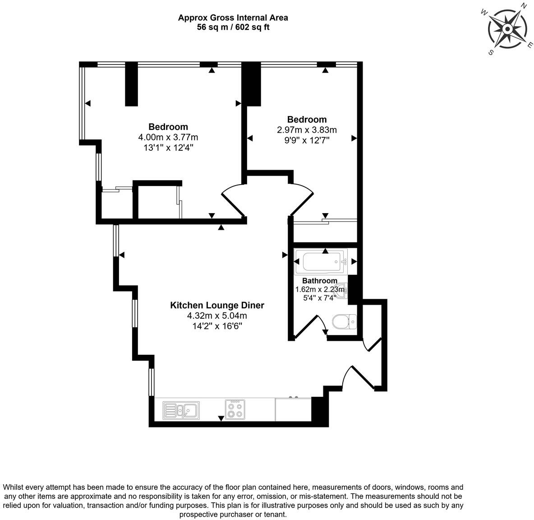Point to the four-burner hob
point(235,410)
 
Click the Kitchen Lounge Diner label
point(217,305)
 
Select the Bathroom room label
point(319,281)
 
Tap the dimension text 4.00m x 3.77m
point(168,137)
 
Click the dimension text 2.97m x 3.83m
point(307,130)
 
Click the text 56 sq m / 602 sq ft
point(233,27)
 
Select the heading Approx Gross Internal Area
point(233,18)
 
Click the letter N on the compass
point(524,6)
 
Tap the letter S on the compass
point(491,52)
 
